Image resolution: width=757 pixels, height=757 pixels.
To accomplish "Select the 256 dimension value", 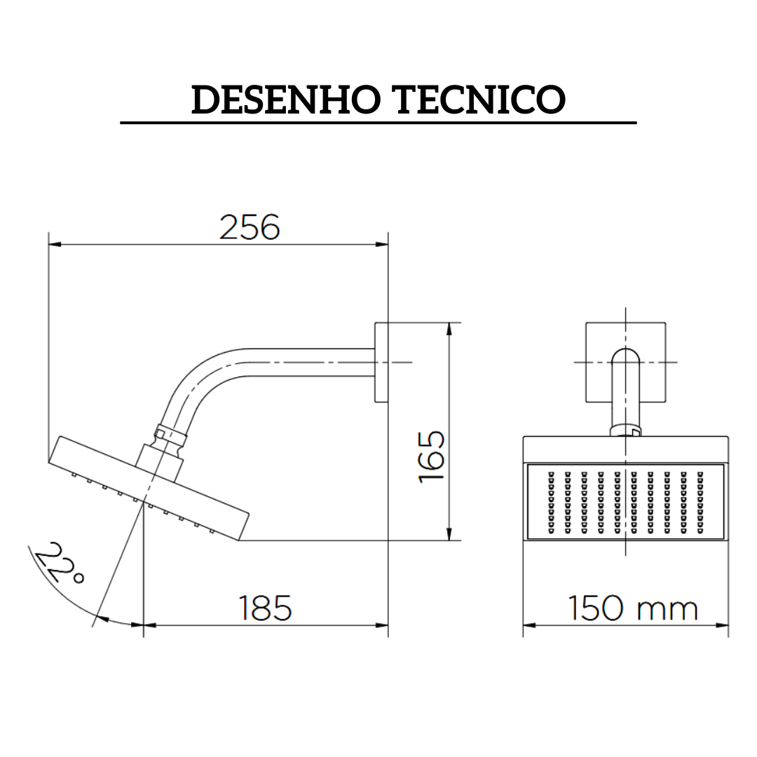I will pos(250,227).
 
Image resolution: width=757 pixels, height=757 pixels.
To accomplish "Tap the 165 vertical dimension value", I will pos(432,456).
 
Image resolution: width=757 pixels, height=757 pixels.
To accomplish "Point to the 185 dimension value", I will pos(265,608).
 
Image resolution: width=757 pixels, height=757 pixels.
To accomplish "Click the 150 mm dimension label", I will pos(632,608).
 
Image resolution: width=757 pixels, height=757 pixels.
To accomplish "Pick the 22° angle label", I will pos(59,564).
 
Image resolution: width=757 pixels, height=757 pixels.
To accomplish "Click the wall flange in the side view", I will pos(381,362).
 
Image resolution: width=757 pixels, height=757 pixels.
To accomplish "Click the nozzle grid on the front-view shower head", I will pos(625,502).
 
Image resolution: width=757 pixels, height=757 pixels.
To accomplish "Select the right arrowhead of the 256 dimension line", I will pos(382,244).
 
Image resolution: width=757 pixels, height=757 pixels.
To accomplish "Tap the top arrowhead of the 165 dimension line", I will pos(449,328).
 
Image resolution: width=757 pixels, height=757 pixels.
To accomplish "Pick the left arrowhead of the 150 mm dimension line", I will pos(530,624).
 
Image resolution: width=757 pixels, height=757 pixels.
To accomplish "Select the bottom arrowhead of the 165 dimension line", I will pos(449,535).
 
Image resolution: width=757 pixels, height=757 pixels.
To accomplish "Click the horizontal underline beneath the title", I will pos(378,123).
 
